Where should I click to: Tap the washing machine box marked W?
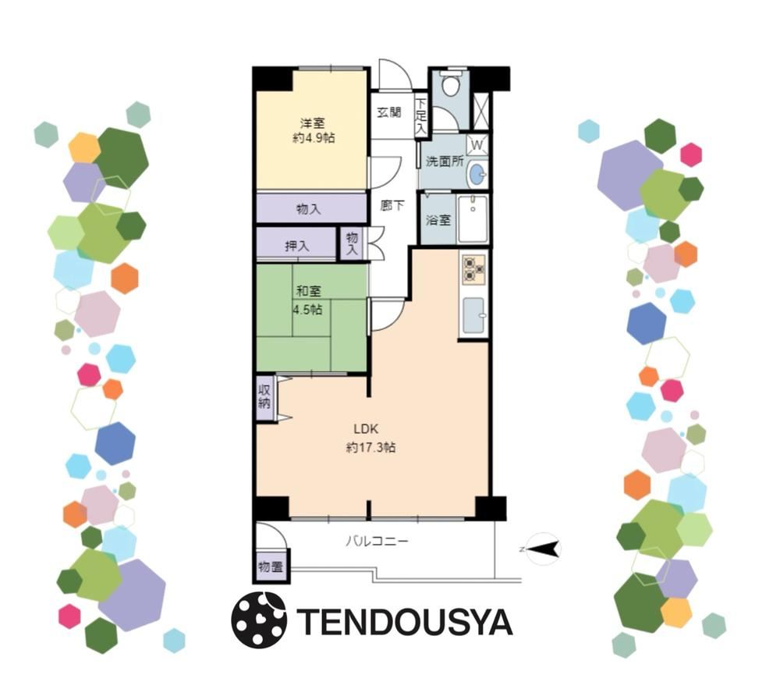(477, 145)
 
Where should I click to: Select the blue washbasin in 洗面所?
(477, 175)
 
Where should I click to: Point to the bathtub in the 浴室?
(473, 219)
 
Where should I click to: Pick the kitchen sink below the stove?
(473, 315)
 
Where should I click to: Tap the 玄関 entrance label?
(389, 112)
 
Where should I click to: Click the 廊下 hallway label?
(392, 205)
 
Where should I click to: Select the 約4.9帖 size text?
(314, 138)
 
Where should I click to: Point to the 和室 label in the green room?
(308, 291)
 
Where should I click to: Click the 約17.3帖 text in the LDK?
(370, 448)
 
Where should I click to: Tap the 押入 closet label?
(297, 246)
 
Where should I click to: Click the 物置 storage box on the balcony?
(271, 566)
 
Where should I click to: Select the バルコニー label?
(377, 541)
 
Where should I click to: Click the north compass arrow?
(543, 549)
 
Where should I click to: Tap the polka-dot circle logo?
(259, 620)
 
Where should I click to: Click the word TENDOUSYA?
(404, 622)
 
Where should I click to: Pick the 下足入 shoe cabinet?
(421, 116)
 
